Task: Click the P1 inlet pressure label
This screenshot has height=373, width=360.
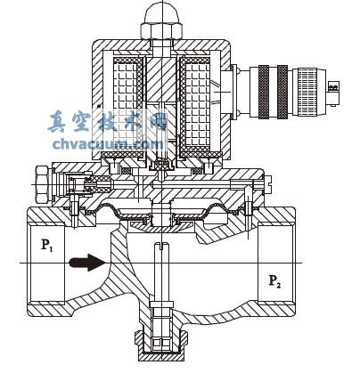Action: (x=47, y=245)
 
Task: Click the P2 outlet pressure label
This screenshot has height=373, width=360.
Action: (x=274, y=281)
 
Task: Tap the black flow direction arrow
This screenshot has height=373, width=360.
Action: (x=86, y=263)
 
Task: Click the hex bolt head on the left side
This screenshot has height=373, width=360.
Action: (x=42, y=184)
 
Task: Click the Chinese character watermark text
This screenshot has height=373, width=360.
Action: (x=108, y=122)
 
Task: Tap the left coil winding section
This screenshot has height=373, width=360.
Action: (x=128, y=105)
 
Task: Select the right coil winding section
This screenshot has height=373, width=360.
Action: (x=194, y=105)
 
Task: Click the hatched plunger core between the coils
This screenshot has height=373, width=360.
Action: (x=161, y=79)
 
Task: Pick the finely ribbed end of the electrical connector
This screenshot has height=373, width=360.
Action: (x=309, y=92)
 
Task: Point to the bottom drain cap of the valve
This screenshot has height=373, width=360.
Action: (x=161, y=345)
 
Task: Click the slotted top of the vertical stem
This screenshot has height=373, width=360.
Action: (x=162, y=246)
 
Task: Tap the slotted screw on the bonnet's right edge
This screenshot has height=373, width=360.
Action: (x=267, y=184)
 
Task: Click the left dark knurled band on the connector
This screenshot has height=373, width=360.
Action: (x=264, y=92)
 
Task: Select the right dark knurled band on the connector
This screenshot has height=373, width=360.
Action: (x=282, y=92)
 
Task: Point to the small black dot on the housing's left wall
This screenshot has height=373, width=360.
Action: (x=99, y=105)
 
